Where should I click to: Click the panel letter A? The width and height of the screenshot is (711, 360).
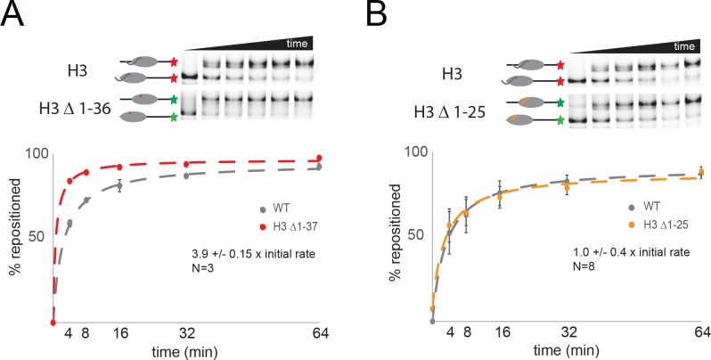coord(15,17)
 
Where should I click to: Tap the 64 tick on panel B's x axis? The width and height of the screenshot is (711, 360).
coord(700,331)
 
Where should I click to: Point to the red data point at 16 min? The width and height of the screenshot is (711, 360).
coord(118,167)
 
